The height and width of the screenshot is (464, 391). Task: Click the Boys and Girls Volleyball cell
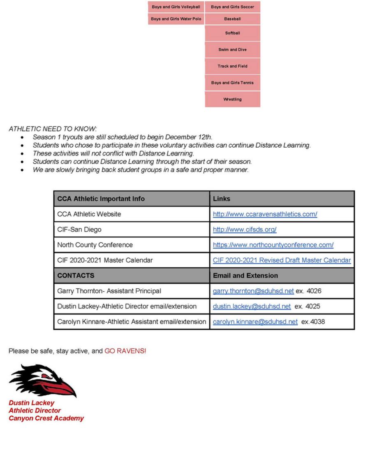pos(176,7)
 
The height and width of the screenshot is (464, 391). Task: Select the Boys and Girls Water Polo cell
pos(176,19)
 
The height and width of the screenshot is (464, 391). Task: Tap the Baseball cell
pos(233,19)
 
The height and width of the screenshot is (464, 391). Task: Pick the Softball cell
pos(233,33)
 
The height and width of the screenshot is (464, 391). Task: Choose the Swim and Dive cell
pos(233,50)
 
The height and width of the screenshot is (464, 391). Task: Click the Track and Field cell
pos(233,66)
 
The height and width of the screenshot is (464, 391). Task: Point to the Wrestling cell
pos(233,100)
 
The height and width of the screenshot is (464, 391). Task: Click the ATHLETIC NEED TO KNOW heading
pos(53,129)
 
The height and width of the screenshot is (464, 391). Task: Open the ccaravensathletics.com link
pos(265,214)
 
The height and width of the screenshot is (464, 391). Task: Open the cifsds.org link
pos(245,230)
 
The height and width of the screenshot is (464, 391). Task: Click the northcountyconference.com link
pos(273,245)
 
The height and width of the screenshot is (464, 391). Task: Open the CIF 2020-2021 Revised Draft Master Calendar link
pos(282,260)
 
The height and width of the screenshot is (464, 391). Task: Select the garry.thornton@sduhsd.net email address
pos(253,291)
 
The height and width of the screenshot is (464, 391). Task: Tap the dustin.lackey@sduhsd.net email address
pos(252,306)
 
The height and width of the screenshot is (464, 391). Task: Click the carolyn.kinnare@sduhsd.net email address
pos(255,322)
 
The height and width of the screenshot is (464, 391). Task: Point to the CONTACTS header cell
pos(76,276)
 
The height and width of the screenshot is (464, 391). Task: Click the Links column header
pos(222,199)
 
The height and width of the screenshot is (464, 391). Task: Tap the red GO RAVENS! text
pos(125,351)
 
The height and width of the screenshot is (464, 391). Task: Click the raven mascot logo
pos(43,380)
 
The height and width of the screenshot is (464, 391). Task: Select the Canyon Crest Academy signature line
pos(46,418)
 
